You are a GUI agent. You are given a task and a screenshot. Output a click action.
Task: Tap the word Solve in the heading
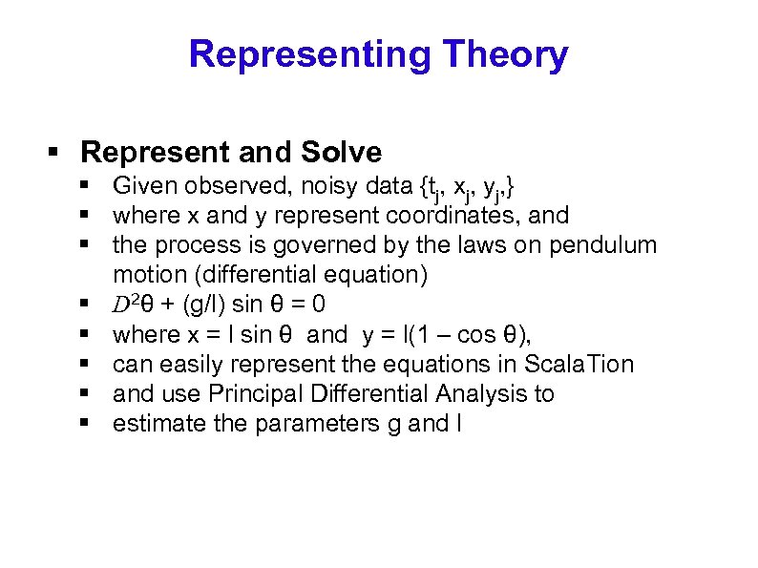[341, 152]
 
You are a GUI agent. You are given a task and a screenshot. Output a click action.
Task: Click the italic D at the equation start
[120, 305]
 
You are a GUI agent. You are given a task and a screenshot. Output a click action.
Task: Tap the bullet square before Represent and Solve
[54, 153]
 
